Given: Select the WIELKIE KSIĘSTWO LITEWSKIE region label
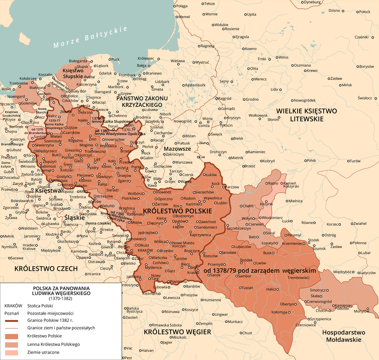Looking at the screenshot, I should coord(306,115).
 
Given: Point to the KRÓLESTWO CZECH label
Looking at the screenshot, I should coord(46,269).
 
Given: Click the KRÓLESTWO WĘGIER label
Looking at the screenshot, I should coord(177,332).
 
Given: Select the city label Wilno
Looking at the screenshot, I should coord(283,57).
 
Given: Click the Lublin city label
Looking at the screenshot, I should coord(222,203).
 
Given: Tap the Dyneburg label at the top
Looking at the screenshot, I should coord(312,2).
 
